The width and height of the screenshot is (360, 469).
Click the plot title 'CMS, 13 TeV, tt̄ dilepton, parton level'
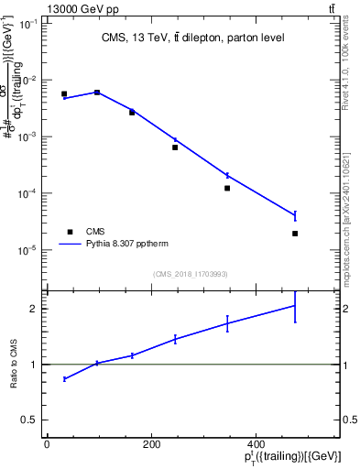pyautogui.click(x=192, y=38)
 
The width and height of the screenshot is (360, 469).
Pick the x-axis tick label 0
pyautogui.click(x=47, y=445)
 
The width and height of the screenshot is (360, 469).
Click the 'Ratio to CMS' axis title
pyautogui.click(x=16, y=365)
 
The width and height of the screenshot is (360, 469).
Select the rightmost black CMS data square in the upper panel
pyautogui.click(x=295, y=234)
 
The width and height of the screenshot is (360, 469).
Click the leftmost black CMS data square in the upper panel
pyautogui.click(x=64, y=93)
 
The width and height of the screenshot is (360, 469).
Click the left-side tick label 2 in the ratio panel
pyautogui.click(x=34, y=309)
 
